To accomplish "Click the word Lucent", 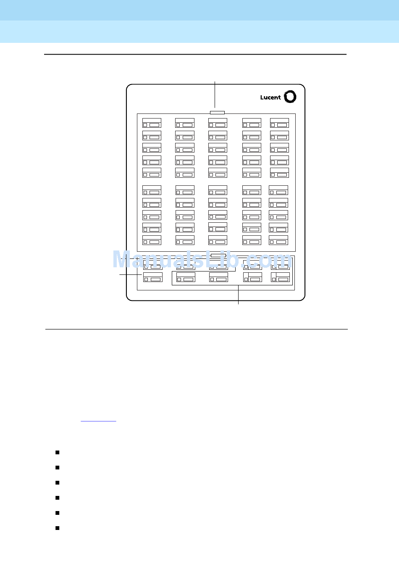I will (270, 98).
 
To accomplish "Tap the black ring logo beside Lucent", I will (290, 97).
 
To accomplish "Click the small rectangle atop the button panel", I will (217, 113).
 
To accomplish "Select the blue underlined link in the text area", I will (98, 420).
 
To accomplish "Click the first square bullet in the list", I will (57, 453).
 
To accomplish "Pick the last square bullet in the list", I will (57, 528).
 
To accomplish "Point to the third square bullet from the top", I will (57, 483).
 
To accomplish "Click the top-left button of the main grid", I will (152, 123).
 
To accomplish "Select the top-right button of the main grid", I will (279, 123).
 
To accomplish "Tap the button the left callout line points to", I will (152, 277).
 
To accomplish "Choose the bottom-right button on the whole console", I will (280, 277).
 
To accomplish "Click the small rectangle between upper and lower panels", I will (218, 255).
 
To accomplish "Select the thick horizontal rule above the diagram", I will (195, 54).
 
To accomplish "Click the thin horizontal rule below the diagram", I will (196, 329).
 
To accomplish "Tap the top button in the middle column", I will (218, 123).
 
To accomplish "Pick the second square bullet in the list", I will (57, 468).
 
